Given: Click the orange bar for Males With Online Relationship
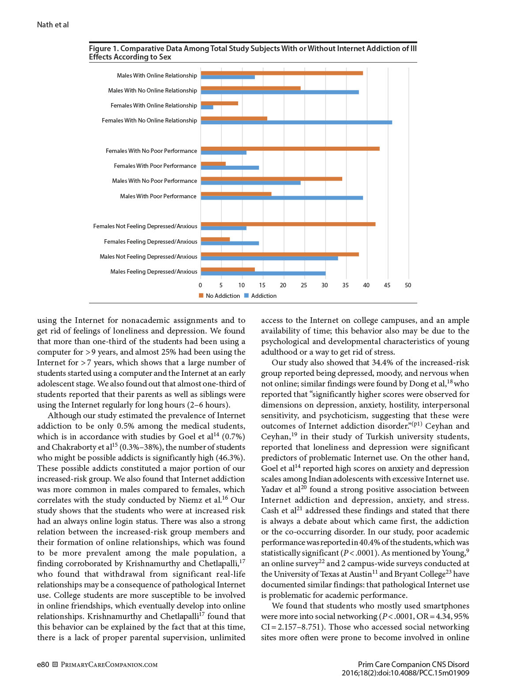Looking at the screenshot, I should point(282,73).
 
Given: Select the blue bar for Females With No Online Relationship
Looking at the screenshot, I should point(296,122).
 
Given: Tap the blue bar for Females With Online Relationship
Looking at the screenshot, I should point(207,108).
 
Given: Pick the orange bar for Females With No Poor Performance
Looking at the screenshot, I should point(290,148).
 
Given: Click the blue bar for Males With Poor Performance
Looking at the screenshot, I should point(282,198).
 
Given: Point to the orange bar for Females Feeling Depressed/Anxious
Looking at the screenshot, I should point(215,239).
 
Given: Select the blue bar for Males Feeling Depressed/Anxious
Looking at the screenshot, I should point(263,274).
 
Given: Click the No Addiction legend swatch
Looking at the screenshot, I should point(202,296).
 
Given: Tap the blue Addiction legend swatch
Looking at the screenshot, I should point(247,296).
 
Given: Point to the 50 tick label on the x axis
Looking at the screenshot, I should point(408,285).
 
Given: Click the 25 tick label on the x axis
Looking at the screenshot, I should point(304,285).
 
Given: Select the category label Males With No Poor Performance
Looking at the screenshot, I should point(154,181).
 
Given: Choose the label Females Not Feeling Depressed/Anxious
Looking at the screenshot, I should point(145,226).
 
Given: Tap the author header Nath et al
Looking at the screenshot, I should point(53,25).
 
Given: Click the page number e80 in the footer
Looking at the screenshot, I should point(43,664).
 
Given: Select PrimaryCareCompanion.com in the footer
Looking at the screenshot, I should point(109,665).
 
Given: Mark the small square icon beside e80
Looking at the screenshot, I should point(55,664).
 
